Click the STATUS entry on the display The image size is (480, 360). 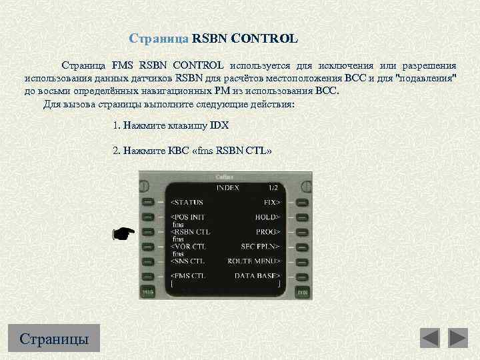pyautogui.click(x=188, y=202)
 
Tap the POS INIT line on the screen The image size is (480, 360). pyautogui.click(x=189, y=217)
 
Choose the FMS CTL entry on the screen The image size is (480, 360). pyautogui.click(x=189, y=275)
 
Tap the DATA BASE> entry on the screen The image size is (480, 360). pyautogui.click(x=257, y=275)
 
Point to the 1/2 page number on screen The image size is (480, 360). pyautogui.click(x=273, y=189)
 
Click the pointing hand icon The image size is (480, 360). pyautogui.click(x=123, y=233)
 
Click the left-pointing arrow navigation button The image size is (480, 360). pyautogui.click(x=430, y=338)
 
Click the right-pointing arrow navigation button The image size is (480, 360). pyautogui.click(x=458, y=338)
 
